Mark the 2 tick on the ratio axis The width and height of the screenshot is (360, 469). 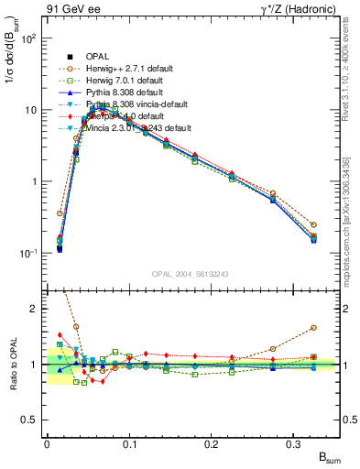36,309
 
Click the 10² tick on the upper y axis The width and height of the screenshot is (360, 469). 30,39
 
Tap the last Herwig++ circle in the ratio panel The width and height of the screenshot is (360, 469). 313,327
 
